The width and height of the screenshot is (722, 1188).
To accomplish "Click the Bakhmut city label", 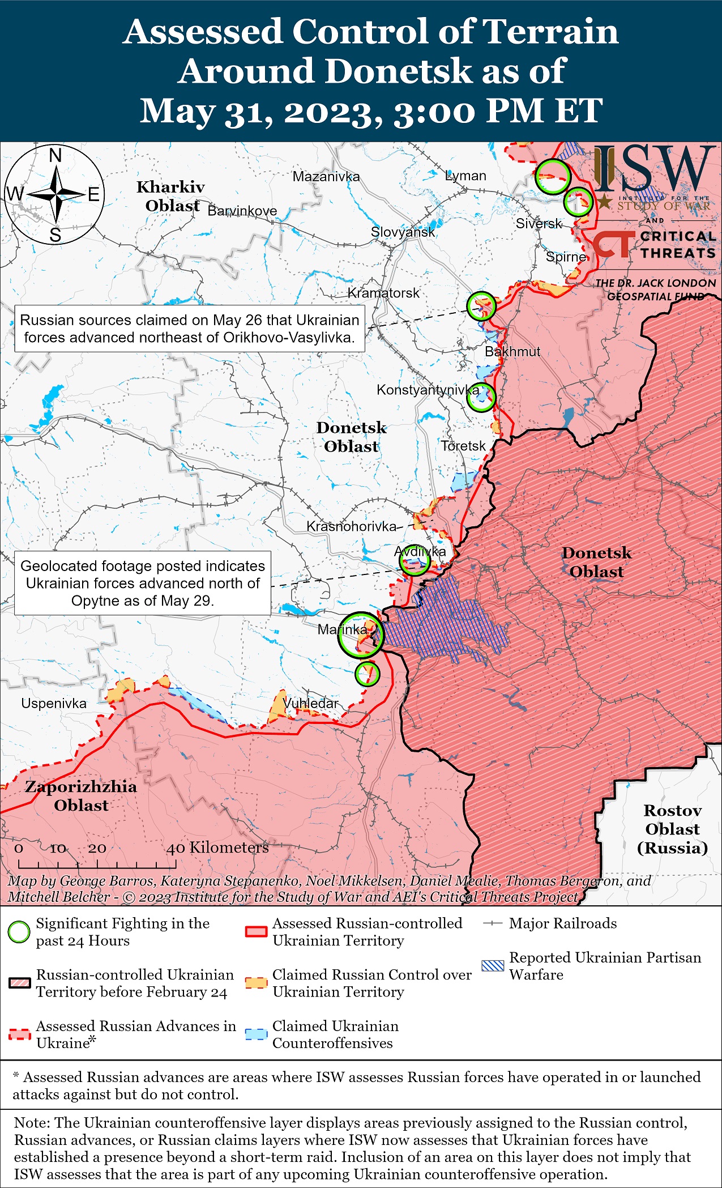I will pyautogui.click(x=512, y=351).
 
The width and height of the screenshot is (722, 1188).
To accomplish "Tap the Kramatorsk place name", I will pyautogui.click(x=383, y=293).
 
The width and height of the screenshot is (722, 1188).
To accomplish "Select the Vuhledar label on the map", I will pyautogui.click(x=310, y=703).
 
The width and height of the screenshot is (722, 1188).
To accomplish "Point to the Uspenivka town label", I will pyautogui.click(x=54, y=704).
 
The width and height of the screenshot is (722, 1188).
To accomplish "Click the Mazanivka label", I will pyautogui.click(x=326, y=176).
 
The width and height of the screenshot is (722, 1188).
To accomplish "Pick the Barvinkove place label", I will pyautogui.click(x=242, y=211).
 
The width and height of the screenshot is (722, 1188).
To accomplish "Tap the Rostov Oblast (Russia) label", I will pyautogui.click(x=672, y=829).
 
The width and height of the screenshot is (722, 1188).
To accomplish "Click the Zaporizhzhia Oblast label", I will pyautogui.click(x=81, y=795).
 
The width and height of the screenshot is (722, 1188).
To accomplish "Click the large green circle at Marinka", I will pyautogui.click(x=361, y=635).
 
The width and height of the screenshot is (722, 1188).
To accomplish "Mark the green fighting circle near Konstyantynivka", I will pyautogui.click(x=481, y=398).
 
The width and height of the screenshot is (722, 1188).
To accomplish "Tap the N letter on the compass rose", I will pyautogui.click(x=55, y=155).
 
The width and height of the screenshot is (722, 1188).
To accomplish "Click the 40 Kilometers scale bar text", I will pyautogui.click(x=217, y=848).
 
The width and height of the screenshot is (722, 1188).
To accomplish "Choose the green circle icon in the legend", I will pyautogui.click(x=19, y=932).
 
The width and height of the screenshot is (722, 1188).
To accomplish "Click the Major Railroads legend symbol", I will pyautogui.click(x=493, y=923).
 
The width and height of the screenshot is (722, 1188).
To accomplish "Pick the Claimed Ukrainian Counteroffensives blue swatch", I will pyautogui.click(x=256, y=1034).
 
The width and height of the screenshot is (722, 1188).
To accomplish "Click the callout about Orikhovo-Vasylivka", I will pyautogui.click(x=190, y=329).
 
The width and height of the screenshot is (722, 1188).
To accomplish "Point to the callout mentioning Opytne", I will pyautogui.click(x=143, y=583).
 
